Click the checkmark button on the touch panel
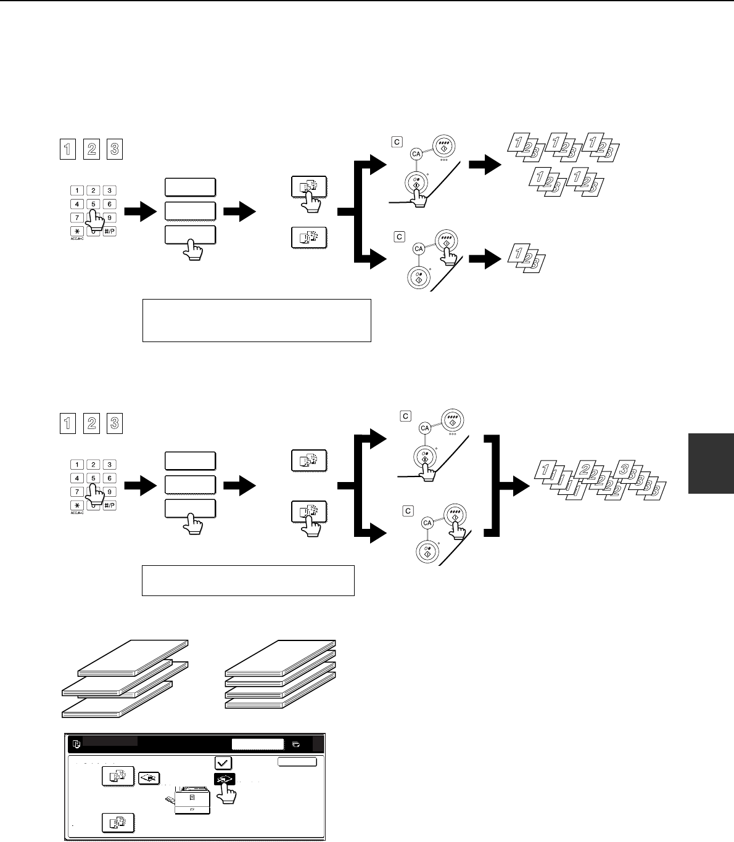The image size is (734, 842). pos(223,762)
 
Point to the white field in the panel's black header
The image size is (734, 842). pos(258,744)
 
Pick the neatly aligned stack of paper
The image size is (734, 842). pos(280,675)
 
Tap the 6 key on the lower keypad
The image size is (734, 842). pos(109,478)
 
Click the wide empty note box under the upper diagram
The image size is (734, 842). pos(256,320)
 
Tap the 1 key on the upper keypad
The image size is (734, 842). pos(76,191)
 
